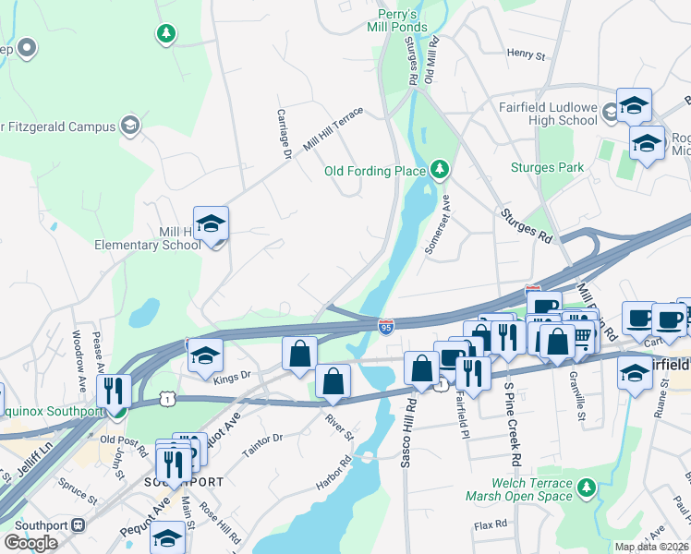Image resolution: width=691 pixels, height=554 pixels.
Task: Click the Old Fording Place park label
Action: pos(374,171)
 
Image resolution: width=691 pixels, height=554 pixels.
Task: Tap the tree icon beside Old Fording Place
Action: pos(441,169)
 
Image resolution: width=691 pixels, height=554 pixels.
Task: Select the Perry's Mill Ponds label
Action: pos(403,20)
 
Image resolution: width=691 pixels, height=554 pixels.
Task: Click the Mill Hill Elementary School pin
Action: pos(211,224)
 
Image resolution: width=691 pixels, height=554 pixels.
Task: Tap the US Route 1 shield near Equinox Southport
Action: pos(166,398)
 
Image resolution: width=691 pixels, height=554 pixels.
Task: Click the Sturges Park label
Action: pos(547,167)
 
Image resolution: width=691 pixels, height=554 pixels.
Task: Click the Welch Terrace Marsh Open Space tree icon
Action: pos(585,486)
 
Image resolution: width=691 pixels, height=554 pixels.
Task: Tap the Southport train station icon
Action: pos(79,524)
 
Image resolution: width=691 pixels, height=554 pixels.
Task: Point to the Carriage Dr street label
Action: pos(285,131)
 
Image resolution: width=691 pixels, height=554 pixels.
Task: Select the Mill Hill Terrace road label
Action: pos(333,132)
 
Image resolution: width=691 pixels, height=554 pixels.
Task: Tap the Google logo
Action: pos(30,543)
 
